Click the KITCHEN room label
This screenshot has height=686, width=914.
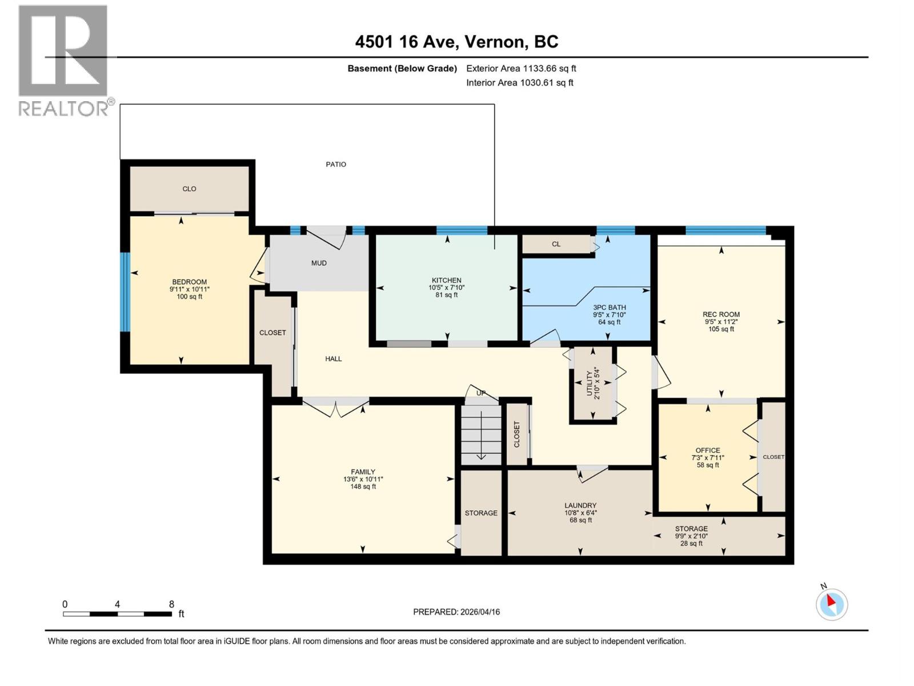point(446,280)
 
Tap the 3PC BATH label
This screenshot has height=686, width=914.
point(609,307)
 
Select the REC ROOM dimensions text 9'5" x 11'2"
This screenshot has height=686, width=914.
point(721,321)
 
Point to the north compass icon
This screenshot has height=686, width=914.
point(831,604)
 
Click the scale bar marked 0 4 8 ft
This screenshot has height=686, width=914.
point(117,613)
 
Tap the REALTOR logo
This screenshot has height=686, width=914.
point(63,60)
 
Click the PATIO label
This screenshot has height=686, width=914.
point(336,164)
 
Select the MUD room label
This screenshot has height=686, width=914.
point(319,263)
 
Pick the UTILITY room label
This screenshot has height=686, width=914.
point(589,383)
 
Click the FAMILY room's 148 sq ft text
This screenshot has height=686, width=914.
point(363,486)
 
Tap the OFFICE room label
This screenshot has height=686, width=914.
point(708,450)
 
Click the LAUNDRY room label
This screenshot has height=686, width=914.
point(580,505)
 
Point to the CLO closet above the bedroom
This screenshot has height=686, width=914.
point(189,189)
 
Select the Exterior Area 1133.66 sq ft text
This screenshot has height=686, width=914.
point(521,68)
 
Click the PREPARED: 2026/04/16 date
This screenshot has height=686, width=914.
point(456,612)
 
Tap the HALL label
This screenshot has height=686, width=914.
point(334,358)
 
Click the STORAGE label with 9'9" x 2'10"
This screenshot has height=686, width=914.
point(691,529)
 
